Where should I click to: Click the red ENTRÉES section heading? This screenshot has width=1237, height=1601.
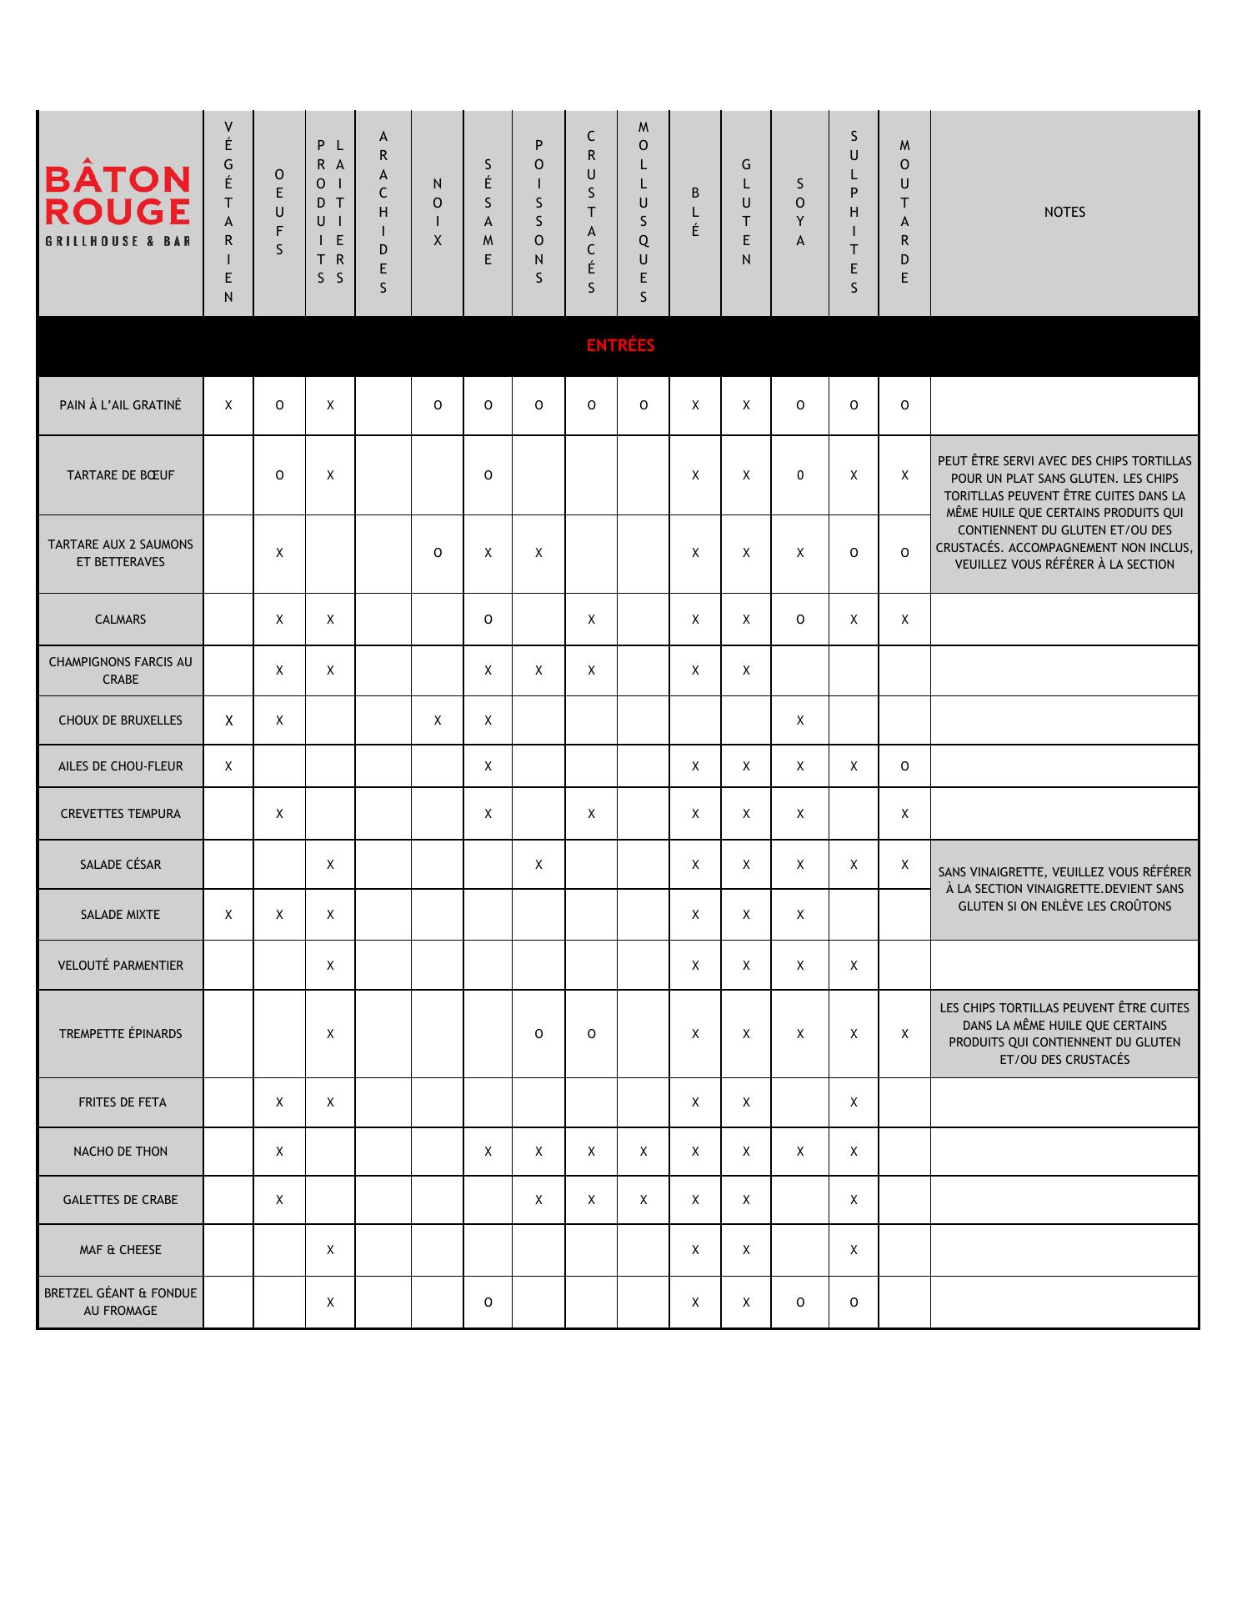coord(620,345)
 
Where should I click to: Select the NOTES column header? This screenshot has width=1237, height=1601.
coord(1064,212)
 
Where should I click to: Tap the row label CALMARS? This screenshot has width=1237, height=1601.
coord(120,620)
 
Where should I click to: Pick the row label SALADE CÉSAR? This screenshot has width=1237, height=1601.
coord(120,865)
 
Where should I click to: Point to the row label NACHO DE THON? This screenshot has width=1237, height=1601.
coord(120,1152)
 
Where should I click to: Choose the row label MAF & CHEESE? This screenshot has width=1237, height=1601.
coord(120,1250)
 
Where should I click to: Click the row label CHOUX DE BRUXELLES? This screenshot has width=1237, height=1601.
coord(120,720)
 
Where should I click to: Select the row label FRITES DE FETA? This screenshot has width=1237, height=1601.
coord(122,1102)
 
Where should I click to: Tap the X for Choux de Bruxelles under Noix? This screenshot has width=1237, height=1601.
coord(438,720)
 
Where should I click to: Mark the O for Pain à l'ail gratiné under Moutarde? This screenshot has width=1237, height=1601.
coord(904,405)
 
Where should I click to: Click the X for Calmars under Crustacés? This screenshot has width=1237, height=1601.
coord(591,620)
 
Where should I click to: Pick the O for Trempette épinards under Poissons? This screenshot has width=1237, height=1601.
coord(538,1034)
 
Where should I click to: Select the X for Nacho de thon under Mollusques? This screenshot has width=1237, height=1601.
coord(644,1152)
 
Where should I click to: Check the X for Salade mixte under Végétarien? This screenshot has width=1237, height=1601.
coord(228,915)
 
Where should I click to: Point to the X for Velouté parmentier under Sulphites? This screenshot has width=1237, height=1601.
coord(854,966)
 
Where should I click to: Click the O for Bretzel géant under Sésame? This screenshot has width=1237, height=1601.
coord(488,1302)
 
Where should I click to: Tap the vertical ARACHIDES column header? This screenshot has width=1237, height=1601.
coord(383,212)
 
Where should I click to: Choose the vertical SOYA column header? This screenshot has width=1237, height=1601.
coord(800,212)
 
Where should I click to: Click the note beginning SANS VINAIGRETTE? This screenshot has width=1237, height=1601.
coord(1064,889)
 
